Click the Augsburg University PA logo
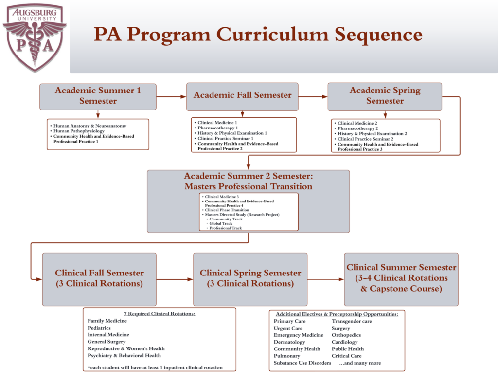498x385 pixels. click(34, 37)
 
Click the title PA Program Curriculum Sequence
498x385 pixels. click(258, 35)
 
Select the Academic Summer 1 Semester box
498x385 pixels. click(98, 96)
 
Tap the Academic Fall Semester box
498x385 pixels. click(242, 95)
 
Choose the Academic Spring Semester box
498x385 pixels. click(385, 96)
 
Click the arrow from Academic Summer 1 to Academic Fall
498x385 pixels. click(171, 96)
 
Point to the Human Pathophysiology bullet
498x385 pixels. click(79, 131)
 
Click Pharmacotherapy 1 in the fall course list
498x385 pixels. click(217, 128)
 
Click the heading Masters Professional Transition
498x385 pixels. click(248, 186)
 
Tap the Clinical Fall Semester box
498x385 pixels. click(99, 278)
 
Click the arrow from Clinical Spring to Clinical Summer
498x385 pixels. click(325, 279)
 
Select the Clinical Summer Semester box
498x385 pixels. click(401, 278)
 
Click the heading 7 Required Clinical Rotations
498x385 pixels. click(160, 314)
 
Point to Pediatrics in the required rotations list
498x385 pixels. click(99, 328)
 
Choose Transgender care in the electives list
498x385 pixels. click(352, 321)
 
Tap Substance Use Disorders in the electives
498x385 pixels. click(302, 363)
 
